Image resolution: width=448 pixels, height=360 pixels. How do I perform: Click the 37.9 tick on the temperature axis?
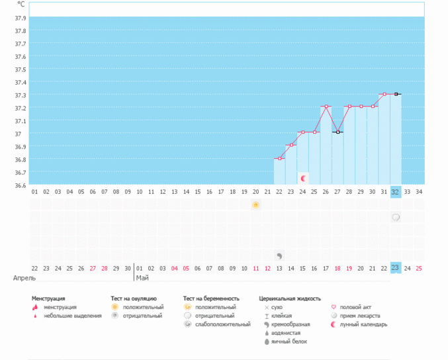tap(20, 18)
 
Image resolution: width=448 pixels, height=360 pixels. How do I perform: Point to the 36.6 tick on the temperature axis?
tap(20, 185)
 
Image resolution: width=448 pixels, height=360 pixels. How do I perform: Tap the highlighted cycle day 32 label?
tap(396, 192)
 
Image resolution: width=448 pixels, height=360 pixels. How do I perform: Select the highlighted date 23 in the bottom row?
tap(396, 268)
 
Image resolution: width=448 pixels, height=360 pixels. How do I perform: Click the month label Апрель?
tap(24, 279)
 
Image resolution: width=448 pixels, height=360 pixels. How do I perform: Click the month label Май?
tap(142, 279)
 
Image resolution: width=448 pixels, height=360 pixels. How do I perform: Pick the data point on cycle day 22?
tap(279, 159)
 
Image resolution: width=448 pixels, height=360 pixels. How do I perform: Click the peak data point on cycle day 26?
tap(326, 107)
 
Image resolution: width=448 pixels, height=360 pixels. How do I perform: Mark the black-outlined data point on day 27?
tap(337, 132)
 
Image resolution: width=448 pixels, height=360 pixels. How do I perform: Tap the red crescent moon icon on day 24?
tap(303, 178)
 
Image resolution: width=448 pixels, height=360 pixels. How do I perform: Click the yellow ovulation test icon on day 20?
tap(256, 205)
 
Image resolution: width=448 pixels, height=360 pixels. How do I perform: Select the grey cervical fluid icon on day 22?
tap(279, 255)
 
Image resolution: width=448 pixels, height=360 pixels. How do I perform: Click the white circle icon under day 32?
tap(396, 217)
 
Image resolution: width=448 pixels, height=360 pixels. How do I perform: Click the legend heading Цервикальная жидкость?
tap(290, 299)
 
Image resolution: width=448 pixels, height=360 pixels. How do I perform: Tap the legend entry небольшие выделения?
tap(73, 316)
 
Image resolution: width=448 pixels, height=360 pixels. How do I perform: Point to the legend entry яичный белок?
tap(290, 341)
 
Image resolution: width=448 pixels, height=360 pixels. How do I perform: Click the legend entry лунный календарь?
tap(363, 324)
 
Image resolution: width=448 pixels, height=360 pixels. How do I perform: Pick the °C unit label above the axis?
tap(21, 5)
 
